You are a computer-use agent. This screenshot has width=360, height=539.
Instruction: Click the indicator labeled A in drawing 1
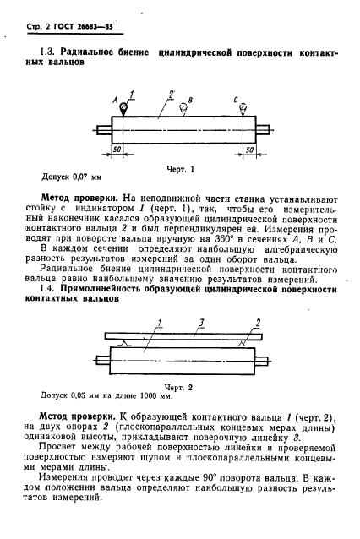pyautogui.click(x=123, y=106)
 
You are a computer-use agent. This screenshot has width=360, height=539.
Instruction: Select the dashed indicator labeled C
pyautogui.click(x=243, y=106)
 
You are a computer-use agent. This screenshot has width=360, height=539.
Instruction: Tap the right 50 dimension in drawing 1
pyautogui.click(x=251, y=149)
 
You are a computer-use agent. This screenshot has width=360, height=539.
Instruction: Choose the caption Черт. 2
pyautogui.click(x=184, y=386)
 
